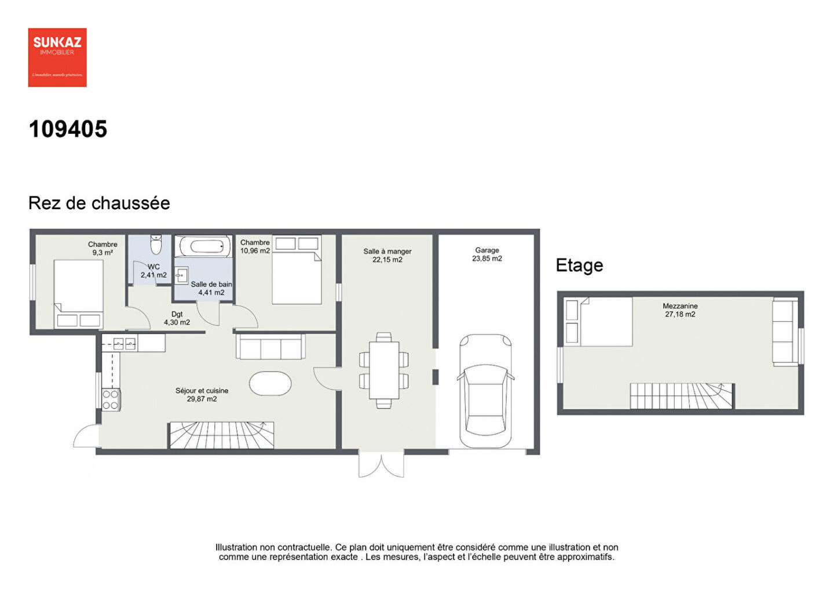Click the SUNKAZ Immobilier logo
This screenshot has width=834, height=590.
(x=57, y=57)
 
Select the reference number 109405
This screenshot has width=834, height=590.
(x=68, y=129)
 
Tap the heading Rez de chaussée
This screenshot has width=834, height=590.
(x=99, y=203)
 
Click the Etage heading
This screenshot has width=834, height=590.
(x=579, y=265)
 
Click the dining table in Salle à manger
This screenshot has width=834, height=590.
(x=383, y=370)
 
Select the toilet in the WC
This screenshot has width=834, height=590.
(x=155, y=245)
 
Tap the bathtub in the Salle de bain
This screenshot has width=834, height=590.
(x=202, y=246)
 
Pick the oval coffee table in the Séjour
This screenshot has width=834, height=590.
(x=270, y=383)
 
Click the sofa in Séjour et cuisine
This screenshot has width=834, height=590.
(x=270, y=347)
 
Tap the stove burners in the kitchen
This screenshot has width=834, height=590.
(x=111, y=399)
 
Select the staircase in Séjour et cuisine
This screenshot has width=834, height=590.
(x=221, y=435)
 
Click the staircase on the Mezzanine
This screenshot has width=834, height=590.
(x=681, y=396)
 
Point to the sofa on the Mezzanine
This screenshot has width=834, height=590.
(x=785, y=332)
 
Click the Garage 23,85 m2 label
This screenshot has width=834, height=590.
(x=487, y=254)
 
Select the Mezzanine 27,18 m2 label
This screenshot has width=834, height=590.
(x=680, y=310)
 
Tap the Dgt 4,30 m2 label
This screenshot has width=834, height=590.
(x=177, y=318)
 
